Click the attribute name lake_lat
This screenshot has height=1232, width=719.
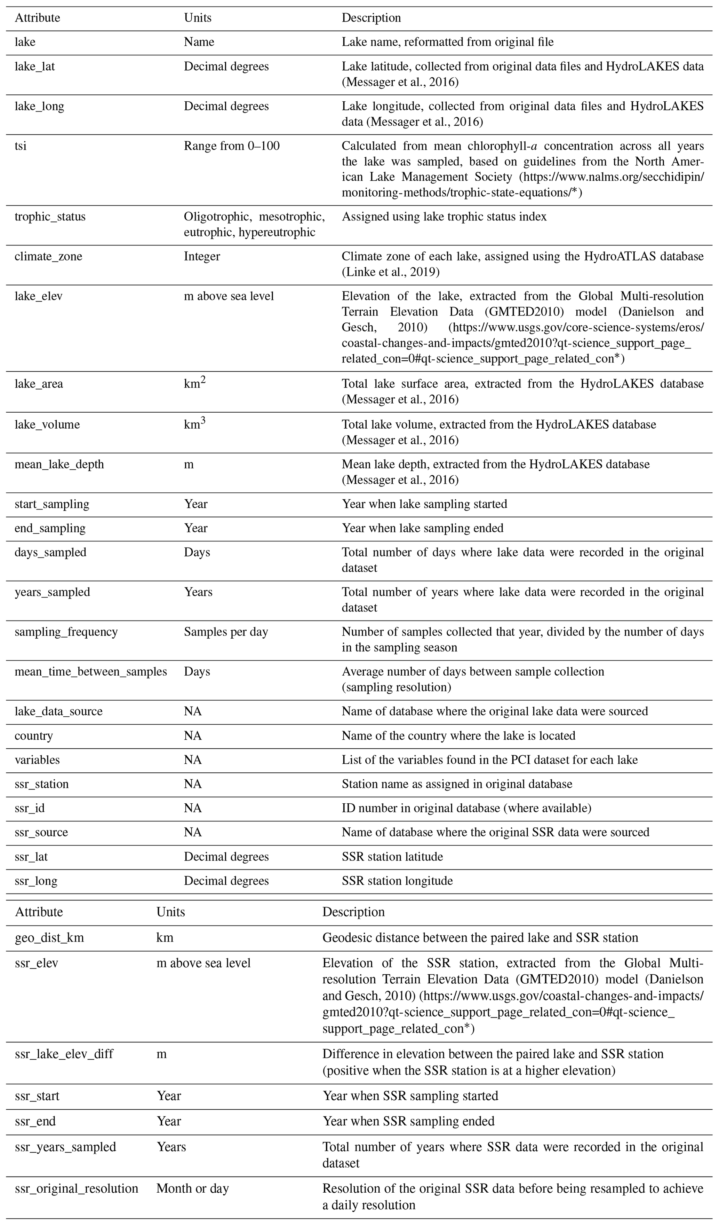click(35, 67)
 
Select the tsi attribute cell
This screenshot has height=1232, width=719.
click(21, 146)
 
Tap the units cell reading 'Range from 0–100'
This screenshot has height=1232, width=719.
click(232, 146)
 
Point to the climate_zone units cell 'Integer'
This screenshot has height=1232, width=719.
click(202, 257)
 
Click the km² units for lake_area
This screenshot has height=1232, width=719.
click(194, 383)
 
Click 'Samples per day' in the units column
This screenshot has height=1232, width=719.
click(226, 632)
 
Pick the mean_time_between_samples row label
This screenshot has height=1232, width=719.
click(90, 671)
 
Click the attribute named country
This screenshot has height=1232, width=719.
click(34, 736)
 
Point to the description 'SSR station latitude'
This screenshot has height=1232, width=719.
click(392, 857)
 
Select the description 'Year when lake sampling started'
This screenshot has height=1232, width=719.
click(424, 504)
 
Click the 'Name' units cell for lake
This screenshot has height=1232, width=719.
click(199, 42)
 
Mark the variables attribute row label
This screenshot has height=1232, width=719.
click(37, 760)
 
